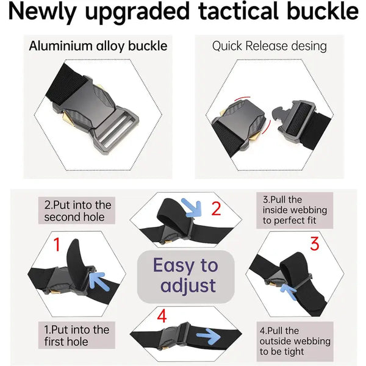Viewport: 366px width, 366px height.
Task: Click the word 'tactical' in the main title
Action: tap(239, 11)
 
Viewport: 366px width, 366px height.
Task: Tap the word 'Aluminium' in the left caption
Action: tap(60, 46)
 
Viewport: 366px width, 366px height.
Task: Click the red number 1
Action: tap(57, 245)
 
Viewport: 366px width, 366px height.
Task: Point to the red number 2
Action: tap(216, 209)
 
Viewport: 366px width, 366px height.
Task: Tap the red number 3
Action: tap(314, 243)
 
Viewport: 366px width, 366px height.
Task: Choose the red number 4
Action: tap(162, 316)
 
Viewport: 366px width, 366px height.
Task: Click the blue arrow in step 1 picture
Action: tap(98, 281)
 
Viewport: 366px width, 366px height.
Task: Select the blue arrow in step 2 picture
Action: tap(192, 207)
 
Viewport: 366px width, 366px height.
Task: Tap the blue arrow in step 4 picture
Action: tap(208, 336)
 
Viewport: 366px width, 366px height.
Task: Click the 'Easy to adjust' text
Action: tap(186, 275)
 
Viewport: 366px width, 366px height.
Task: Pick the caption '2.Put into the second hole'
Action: tap(77, 211)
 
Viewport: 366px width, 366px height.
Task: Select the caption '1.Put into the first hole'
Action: tap(77, 335)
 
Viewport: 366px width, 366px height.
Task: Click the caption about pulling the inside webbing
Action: tap(295, 210)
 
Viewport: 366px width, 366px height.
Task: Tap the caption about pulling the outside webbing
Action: tap(295, 341)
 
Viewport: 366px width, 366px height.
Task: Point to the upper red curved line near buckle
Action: tap(243, 98)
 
